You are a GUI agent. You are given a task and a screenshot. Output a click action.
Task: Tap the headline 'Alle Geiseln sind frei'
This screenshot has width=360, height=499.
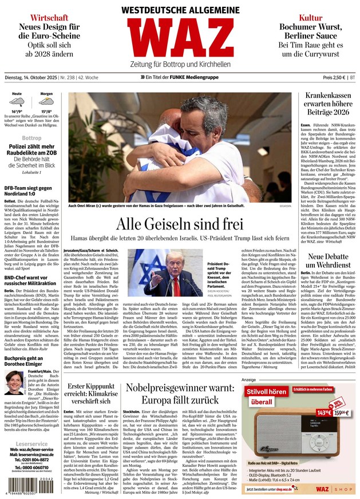[179, 224]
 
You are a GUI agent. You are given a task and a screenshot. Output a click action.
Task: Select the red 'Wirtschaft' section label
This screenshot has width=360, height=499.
[37, 18]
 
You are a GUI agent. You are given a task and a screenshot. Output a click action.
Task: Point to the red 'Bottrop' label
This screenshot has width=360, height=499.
[31, 138]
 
